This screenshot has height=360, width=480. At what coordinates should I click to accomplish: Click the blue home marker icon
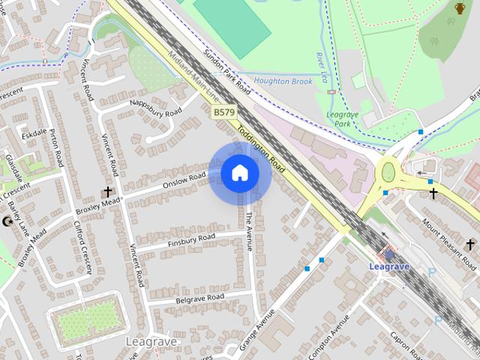[239, 173]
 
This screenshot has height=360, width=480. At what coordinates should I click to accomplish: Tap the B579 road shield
[223, 112]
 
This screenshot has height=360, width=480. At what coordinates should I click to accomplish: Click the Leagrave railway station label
[389, 265]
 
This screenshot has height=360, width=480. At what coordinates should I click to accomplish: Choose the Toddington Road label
[261, 148]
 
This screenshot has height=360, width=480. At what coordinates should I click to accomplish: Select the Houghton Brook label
[282, 80]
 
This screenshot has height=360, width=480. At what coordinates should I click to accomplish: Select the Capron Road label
[405, 344]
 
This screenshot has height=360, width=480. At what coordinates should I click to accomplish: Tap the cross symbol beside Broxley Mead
[107, 193]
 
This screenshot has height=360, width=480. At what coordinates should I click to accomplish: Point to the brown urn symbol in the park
[459, 8]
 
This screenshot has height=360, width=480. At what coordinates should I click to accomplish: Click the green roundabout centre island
[388, 173]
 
